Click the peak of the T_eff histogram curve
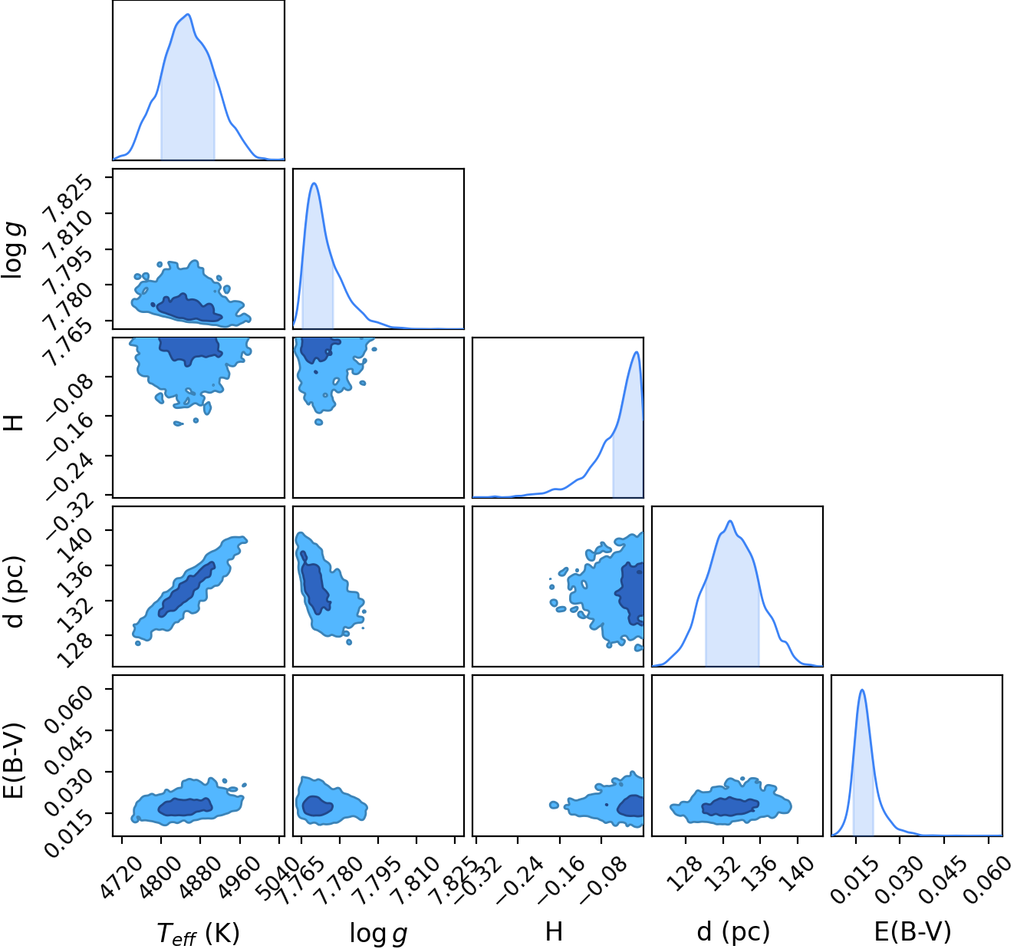[189, 15]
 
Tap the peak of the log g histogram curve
[314, 183]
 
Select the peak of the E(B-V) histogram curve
[862, 690]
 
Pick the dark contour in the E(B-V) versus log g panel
[318, 806]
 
